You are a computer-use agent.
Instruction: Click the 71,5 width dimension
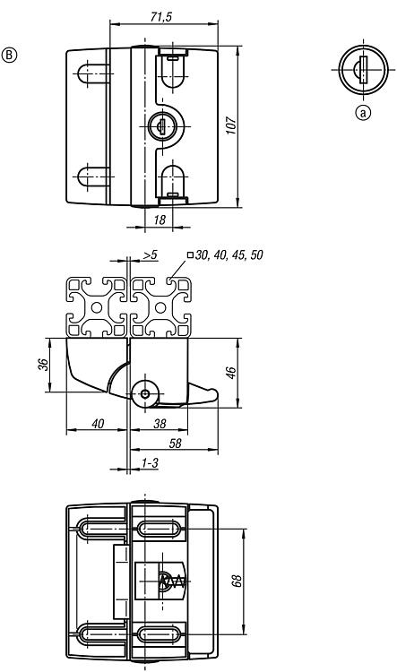[160, 16]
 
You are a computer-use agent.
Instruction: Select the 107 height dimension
[231, 125]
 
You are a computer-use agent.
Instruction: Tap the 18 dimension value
[159, 220]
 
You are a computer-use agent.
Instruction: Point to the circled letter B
[10, 56]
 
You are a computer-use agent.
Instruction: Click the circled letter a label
[363, 113]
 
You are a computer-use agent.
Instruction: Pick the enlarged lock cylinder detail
[363, 69]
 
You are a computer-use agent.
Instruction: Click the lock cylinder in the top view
[161, 125]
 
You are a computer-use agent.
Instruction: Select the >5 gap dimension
[150, 255]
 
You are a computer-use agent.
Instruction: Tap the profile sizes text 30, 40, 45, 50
[229, 255]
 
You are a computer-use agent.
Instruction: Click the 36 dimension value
[44, 365]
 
